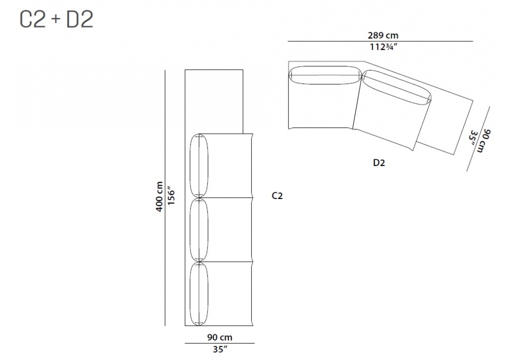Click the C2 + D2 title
coord(57,19)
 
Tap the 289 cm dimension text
coord(383,35)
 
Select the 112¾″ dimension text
coord(383,47)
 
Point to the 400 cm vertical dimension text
coord(159,197)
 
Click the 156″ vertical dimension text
coord(171,196)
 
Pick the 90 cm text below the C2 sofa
coord(219,337)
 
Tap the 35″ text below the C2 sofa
coord(219,350)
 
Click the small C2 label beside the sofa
coord(277,196)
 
